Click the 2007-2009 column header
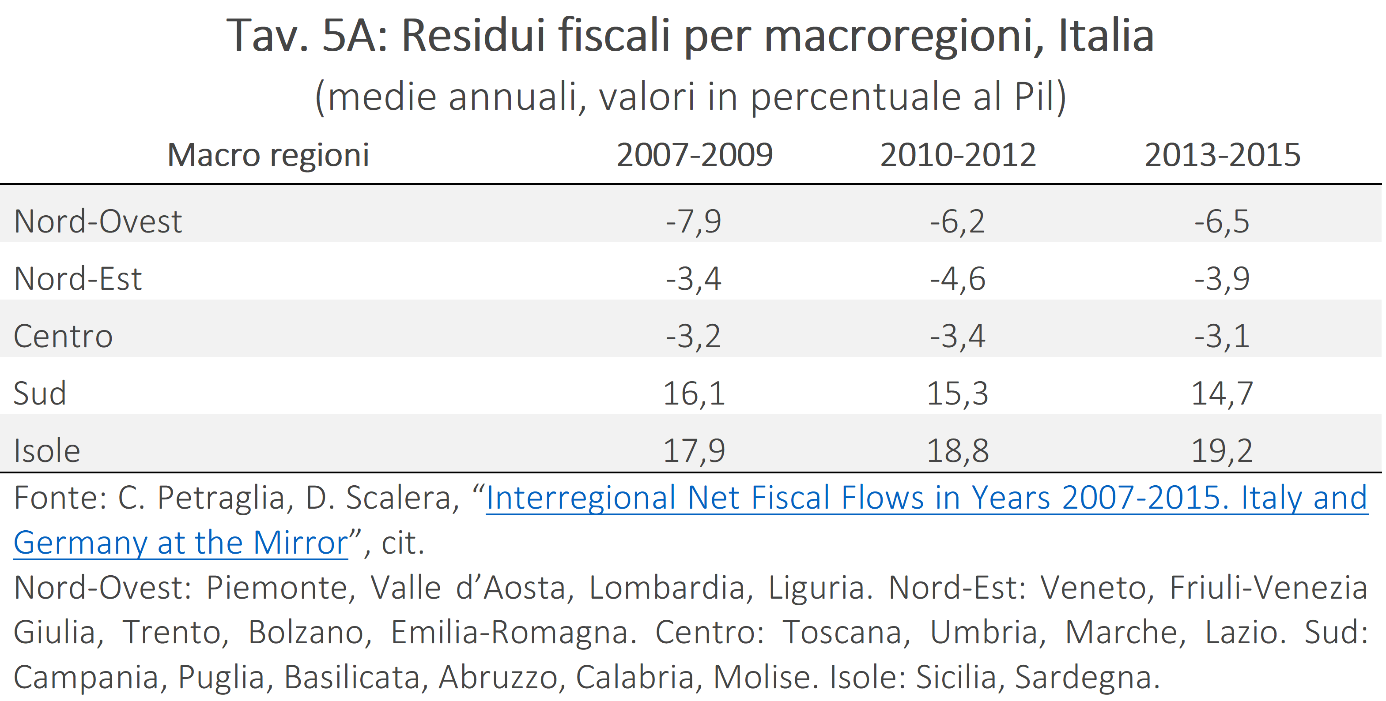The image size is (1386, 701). pos(694,155)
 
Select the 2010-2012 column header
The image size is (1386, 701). pos(958,155)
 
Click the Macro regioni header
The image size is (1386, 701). pos(268,156)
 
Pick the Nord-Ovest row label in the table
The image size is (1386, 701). pos(98,221)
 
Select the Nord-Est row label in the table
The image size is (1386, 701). pos(78,278)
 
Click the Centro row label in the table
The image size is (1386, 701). pos(63,336)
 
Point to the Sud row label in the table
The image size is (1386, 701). pos(40,393)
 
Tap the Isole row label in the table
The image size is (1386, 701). pos(47,450)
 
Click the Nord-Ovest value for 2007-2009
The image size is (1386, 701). pos(694,222)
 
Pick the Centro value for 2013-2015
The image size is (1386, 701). pos(1222,337)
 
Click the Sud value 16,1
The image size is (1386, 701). pos(694,394)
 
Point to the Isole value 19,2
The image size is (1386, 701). pos(1222,451)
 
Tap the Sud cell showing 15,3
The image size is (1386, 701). pos(958,394)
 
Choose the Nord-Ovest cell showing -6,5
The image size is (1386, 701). pos(1222,222)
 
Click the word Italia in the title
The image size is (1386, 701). pos(1106,35)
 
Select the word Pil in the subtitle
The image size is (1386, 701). pos(1035,97)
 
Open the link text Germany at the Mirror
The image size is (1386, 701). pos(181,543)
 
